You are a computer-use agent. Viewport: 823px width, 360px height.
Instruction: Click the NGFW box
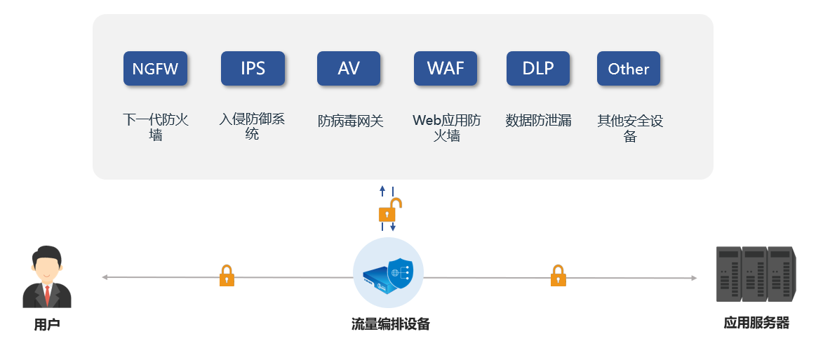tap(155, 69)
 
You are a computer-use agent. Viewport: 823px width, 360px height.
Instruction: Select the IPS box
tap(253, 69)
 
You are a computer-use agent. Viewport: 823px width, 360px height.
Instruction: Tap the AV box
tap(349, 69)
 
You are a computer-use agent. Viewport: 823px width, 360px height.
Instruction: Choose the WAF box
tap(446, 69)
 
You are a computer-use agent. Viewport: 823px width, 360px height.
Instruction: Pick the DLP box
tap(538, 69)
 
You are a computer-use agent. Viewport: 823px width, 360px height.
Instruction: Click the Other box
tap(629, 69)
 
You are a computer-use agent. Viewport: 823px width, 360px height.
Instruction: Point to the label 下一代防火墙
tap(156, 127)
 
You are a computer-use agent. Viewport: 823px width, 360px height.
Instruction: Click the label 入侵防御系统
tap(252, 126)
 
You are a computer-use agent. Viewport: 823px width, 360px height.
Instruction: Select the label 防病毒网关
tap(351, 121)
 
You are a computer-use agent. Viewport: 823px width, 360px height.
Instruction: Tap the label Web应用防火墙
tap(447, 127)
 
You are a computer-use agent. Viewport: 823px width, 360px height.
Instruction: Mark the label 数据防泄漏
tap(538, 121)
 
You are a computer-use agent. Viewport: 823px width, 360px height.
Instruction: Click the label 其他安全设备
tap(630, 128)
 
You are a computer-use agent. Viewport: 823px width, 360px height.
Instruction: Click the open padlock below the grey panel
tap(389, 210)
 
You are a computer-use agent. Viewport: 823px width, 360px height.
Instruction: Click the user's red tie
tap(47, 295)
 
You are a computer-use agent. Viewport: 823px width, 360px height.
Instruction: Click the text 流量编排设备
tap(390, 324)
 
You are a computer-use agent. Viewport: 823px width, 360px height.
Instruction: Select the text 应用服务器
tap(756, 323)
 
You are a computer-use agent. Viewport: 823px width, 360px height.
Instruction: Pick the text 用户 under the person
tap(47, 325)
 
